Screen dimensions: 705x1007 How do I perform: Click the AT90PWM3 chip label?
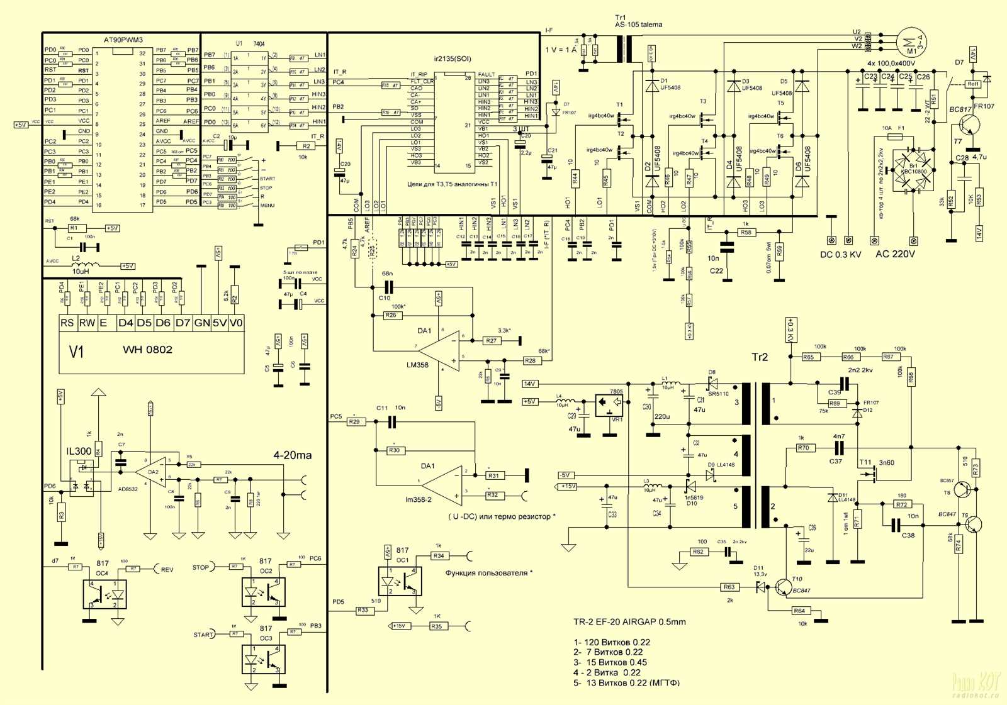tap(123, 40)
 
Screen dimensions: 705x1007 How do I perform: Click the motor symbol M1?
tap(911, 42)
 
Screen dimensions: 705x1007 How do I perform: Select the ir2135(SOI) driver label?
tap(453, 59)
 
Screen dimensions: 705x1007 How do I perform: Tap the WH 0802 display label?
tap(147, 350)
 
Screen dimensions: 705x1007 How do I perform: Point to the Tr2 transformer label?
tap(760, 357)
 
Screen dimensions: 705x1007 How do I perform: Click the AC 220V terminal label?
tap(895, 254)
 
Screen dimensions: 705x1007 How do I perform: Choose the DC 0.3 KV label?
tap(840, 255)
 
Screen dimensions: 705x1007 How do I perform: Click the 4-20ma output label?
tap(292, 455)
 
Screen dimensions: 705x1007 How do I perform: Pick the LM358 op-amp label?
tap(417, 365)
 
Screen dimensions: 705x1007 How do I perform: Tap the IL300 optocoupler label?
tap(79, 451)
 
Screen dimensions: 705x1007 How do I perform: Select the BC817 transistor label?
tap(960, 109)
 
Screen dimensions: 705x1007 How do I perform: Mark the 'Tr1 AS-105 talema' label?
tap(638, 21)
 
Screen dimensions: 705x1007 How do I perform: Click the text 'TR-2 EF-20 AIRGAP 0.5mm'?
tap(629, 622)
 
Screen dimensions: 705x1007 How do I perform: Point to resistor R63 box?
tap(729, 587)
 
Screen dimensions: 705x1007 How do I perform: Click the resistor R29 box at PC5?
tap(355, 422)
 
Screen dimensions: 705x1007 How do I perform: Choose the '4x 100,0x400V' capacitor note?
tap(891, 64)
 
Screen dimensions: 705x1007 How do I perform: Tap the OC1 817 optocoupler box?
tap(399, 581)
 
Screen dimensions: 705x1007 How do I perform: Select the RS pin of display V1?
tap(67, 323)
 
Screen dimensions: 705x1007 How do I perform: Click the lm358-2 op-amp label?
tap(419, 500)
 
